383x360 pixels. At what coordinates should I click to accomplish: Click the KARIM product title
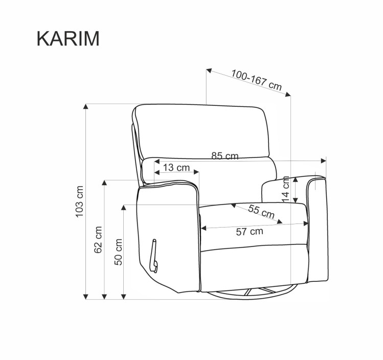pyautogui.click(x=68, y=38)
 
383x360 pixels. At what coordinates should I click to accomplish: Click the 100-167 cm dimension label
pyautogui.click(x=256, y=80)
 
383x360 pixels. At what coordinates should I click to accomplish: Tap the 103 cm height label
pyautogui.click(x=80, y=201)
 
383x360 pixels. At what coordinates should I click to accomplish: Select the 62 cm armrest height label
pyautogui.click(x=98, y=240)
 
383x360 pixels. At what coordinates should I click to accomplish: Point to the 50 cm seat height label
pyautogui.click(x=118, y=252)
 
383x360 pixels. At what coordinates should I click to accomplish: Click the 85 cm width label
pyautogui.click(x=224, y=156)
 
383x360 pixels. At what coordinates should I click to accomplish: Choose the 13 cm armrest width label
pyautogui.click(x=176, y=168)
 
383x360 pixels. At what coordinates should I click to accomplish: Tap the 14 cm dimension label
pyautogui.click(x=285, y=190)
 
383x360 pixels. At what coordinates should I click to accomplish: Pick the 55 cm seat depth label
pyautogui.click(x=261, y=212)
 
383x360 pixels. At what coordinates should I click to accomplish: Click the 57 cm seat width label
pyautogui.click(x=250, y=232)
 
